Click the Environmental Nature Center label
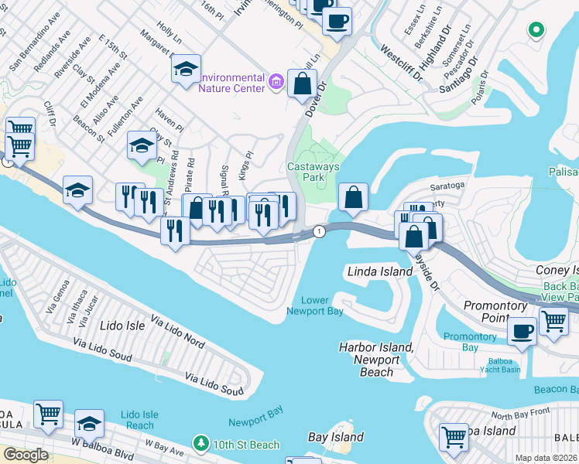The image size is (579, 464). click(231, 82)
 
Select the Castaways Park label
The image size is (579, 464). click(306, 172)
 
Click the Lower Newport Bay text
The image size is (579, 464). click(315, 305)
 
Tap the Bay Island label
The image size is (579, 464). click(336, 437)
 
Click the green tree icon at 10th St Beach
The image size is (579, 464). click(201, 443)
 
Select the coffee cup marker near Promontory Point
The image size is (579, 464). click(522, 330)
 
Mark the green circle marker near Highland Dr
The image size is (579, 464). click(535, 30)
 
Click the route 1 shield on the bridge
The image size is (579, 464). click(317, 231)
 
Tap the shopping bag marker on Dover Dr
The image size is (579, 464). click(302, 83)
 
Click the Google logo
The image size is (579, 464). click(25, 455)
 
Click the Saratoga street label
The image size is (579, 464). click(447, 186)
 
